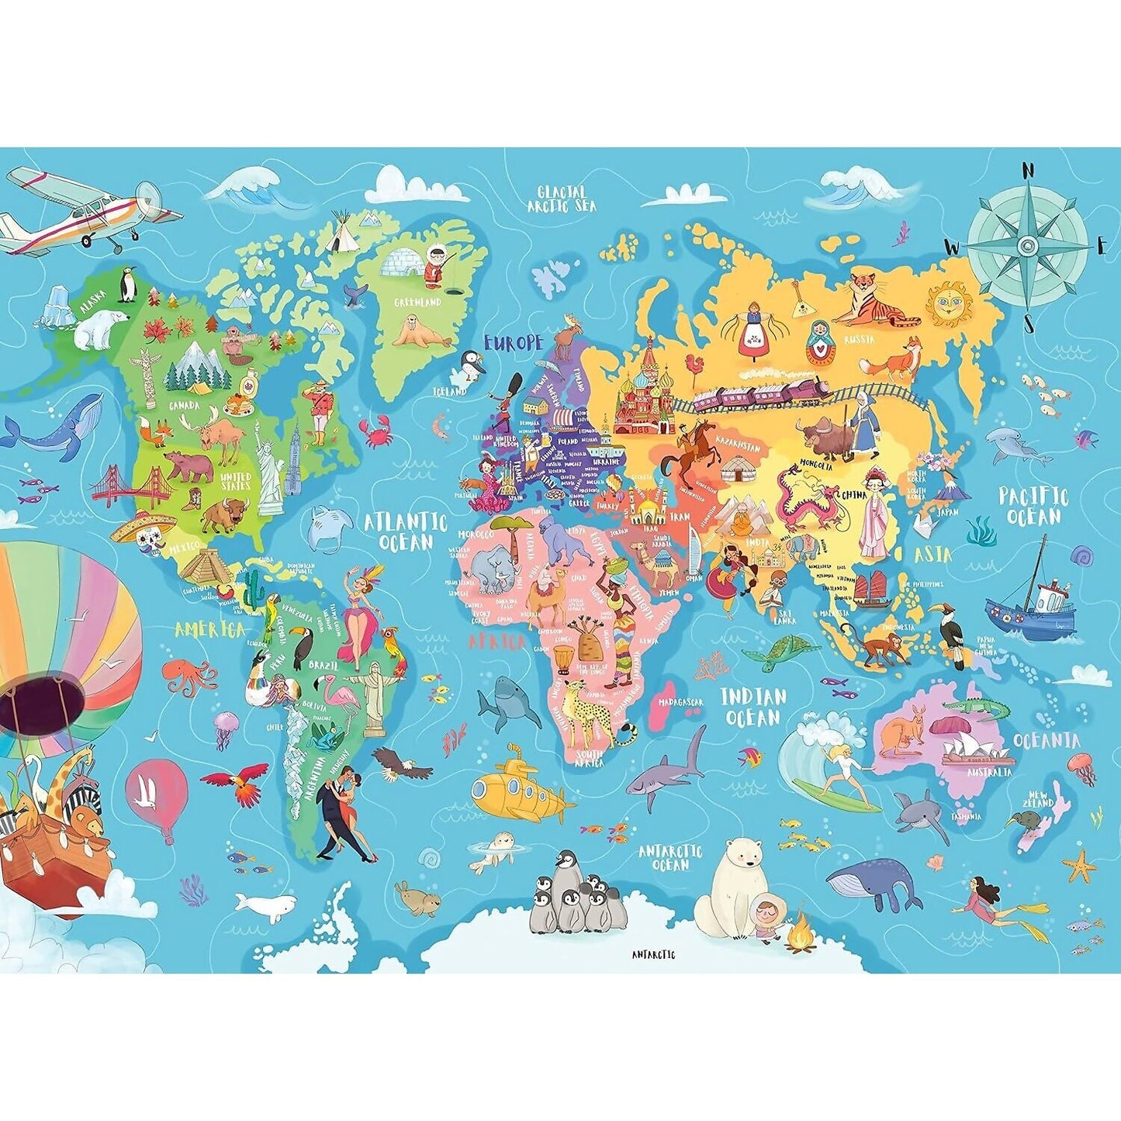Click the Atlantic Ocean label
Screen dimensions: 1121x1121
[x=407, y=531]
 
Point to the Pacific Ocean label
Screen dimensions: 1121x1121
[x=1033, y=506]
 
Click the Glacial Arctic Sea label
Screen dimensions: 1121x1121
[x=562, y=199]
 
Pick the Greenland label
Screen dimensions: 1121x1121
[x=417, y=303]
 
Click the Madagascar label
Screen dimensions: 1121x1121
[x=680, y=702]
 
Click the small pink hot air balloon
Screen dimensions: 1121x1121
[x=157, y=794]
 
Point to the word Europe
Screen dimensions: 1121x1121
[x=513, y=343]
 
